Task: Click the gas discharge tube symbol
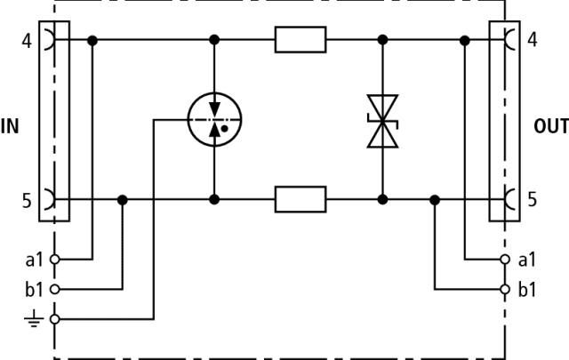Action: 214,119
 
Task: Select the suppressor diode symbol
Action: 383,121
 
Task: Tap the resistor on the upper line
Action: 301,40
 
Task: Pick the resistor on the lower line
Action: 301,199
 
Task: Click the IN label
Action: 10,125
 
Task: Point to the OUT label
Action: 551,125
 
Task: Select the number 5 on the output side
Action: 532,200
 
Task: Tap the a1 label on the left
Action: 34,260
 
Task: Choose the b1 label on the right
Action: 527,289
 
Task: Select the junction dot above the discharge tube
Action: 214,40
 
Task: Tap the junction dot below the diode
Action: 383,199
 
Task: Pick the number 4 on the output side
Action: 532,41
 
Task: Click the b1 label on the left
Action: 34,289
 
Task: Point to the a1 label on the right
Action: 527,260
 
